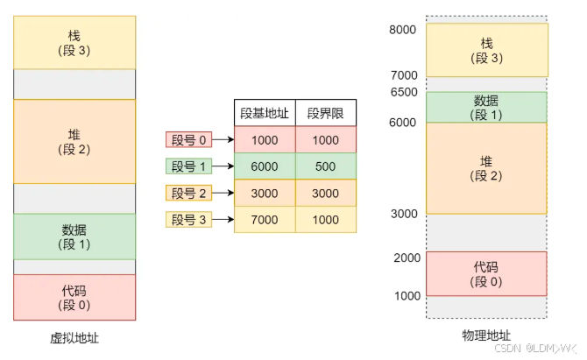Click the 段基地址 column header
click(x=265, y=113)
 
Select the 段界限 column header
click(x=326, y=113)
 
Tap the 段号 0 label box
click(x=189, y=139)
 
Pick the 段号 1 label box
click(x=189, y=166)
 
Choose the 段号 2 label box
click(x=189, y=193)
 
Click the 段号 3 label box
click(x=189, y=220)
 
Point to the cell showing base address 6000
click(x=265, y=166)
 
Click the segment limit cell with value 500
click(x=326, y=166)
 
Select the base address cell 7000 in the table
click(x=265, y=220)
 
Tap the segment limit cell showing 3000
click(x=326, y=193)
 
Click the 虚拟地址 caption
click(x=74, y=337)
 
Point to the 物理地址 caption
click(x=486, y=336)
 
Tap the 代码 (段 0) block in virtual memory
click(x=74, y=297)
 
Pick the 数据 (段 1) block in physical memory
click(x=486, y=107)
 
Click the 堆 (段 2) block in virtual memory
click(x=74, y=141)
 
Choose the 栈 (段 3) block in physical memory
click(x=486, y=50)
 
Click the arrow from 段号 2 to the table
click(x=223, y=193)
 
